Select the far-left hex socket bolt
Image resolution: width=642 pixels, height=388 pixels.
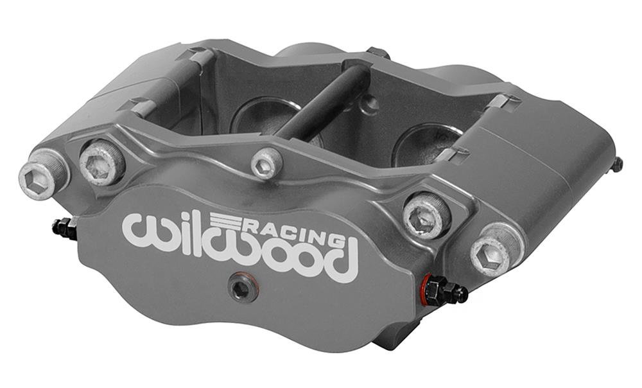click(x=44, y=177)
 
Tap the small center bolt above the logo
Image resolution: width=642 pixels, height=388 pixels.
click(x=267, y=163)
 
